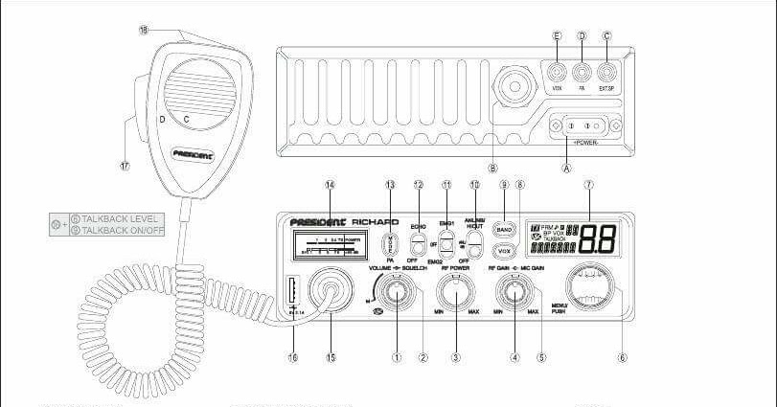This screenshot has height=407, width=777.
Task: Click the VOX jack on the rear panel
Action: pyautogui.click(x=557, y=71)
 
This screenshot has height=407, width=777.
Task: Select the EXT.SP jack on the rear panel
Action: pyautogui.click(x=606, y=71)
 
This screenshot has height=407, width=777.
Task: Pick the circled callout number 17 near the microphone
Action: pyautogui.click(x=124, y=165)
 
